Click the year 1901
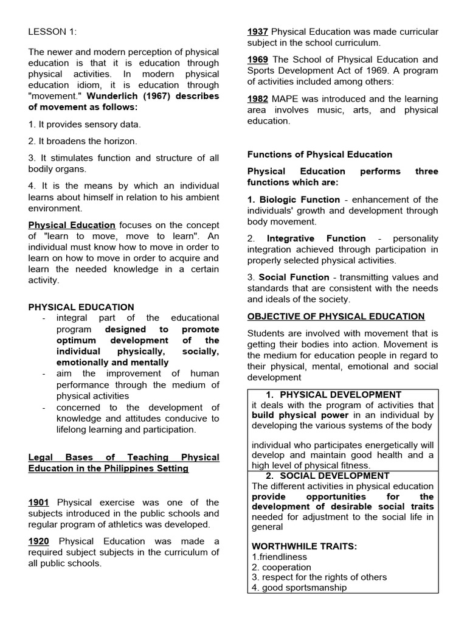(39, 503)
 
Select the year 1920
(39, 541)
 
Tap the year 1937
(258, 32)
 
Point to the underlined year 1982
(258, 99)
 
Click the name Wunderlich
(116, 96)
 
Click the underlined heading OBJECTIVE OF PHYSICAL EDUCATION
(336, 316)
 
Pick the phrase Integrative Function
(316, 238)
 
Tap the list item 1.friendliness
(280, 557)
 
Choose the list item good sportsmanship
(304, 588)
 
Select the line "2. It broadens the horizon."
(83, 141)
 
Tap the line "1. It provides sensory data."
(85, 124)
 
